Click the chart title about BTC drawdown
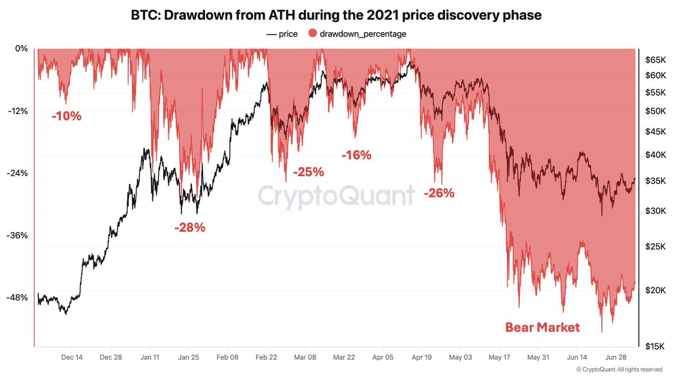click(x=337, y=15)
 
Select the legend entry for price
click(x=282, y=34)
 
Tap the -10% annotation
click(x=66, y=117)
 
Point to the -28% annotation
click(x=190, y=228)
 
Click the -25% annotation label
click(x=308, y=172)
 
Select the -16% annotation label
click(x=357, y=155)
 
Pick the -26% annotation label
click(x=439, y=193)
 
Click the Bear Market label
click(x=542, y=327)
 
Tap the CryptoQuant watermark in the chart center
click(x=336, y=196)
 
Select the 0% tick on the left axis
click(x=21, y=48)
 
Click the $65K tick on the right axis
click(x=655, y=59)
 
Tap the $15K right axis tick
click(x=655, y=346)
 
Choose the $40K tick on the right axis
click(x=655, y=154)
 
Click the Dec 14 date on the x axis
click(x=72, y=357)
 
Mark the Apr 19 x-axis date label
click(x=421, y=357)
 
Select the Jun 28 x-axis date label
click(x=615, y=357)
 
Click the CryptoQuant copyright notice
click(x=619, y=369)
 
